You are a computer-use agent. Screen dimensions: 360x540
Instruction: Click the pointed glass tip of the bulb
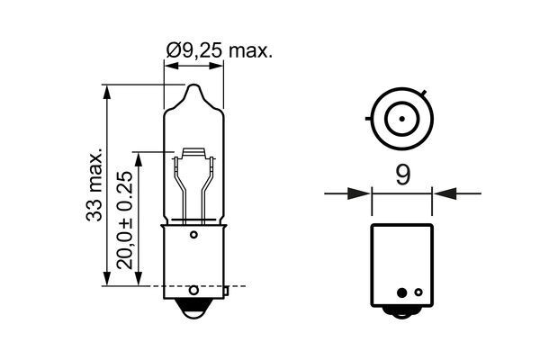(193, 87)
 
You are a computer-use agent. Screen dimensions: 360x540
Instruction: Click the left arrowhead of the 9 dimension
(364, 192)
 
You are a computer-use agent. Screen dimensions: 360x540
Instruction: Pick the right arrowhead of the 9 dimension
(439, 192)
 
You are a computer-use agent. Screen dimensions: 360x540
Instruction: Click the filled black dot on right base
(417, 292)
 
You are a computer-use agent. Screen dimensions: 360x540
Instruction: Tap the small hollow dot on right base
(402, 292)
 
